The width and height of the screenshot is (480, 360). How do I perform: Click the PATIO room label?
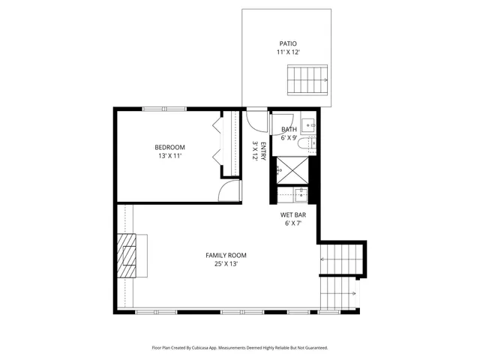pyautogui.click(x=288, y=43)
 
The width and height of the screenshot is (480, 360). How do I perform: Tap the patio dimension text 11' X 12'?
pyautogui.click(x=288, y=52)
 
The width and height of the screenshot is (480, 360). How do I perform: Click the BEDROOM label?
pyautogui.click(x=169, y=147)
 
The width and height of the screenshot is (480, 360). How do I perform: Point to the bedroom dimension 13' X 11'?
pyautogui.click(x=169, y=156)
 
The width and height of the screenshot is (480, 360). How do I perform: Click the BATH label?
pyautogui.click(x=289, y=130)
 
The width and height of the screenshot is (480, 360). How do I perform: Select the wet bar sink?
pyautogui.click(x=300, y=194)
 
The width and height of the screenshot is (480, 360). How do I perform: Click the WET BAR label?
pyautogui.click(x=293, y=214)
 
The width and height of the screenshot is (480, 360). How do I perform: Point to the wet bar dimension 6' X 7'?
pyautogui.click(x=293, y=223)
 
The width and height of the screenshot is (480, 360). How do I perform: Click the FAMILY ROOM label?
pyautogui.click(x=226, y=255)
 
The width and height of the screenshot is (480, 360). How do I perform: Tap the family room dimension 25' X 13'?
pyautogui.click(x=226, y=264)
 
